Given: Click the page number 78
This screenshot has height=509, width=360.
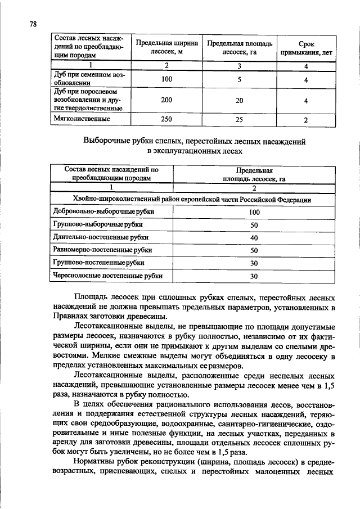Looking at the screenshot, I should [x=32, y=24].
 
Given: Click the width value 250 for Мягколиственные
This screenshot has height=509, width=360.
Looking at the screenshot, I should [x=166, y=120].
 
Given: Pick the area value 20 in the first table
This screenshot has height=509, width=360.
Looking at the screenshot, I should [x=239, y=100].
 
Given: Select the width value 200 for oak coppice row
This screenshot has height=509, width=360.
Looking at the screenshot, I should [x=166, y=100].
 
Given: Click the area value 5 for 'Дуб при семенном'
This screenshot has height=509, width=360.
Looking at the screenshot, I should [x=239, y=80].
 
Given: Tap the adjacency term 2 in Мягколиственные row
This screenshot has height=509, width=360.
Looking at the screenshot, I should [x=305, y=120].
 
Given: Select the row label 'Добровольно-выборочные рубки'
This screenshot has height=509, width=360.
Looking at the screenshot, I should [x=103, y=212].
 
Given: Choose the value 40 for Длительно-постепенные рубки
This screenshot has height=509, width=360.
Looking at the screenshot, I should [x=254, y=238].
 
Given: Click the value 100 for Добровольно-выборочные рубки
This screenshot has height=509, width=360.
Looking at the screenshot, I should [x=254, y=212].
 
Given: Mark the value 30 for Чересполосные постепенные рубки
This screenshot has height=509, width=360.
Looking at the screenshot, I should [x=254, y=276].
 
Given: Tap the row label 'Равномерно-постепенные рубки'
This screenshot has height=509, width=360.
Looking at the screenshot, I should [x=102, y=250].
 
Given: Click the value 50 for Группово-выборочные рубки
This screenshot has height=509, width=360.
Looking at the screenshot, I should [x=254, y=225].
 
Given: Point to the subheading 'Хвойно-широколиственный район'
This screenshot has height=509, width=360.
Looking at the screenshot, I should [x=192, y=199].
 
